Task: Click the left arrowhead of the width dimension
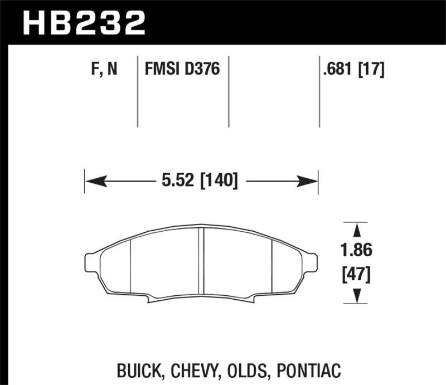pos(92,181)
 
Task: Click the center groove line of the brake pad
pos(201,262)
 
